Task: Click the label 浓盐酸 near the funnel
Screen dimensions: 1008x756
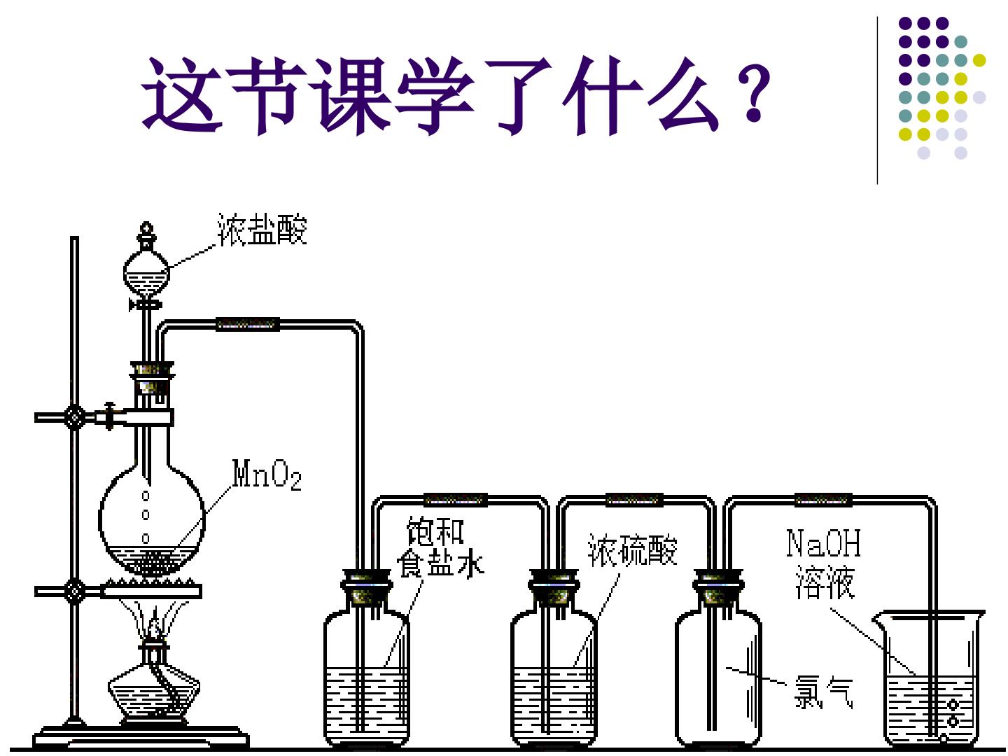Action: (x=262, y=229)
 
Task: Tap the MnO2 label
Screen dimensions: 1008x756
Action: (x=267, y=475)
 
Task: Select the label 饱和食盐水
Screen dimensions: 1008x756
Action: (x=440, y=547)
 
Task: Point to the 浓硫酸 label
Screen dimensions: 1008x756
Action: (x=632, y=550)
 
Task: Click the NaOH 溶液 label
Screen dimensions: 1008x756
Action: (x=823, y=563)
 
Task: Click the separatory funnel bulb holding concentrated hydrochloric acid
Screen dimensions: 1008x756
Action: (x=146, y=274)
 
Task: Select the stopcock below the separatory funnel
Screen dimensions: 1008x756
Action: (x=146, y=304)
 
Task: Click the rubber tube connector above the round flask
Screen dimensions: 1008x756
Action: (x=248, y=324)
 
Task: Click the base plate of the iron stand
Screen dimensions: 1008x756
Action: (x=141, y=738)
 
